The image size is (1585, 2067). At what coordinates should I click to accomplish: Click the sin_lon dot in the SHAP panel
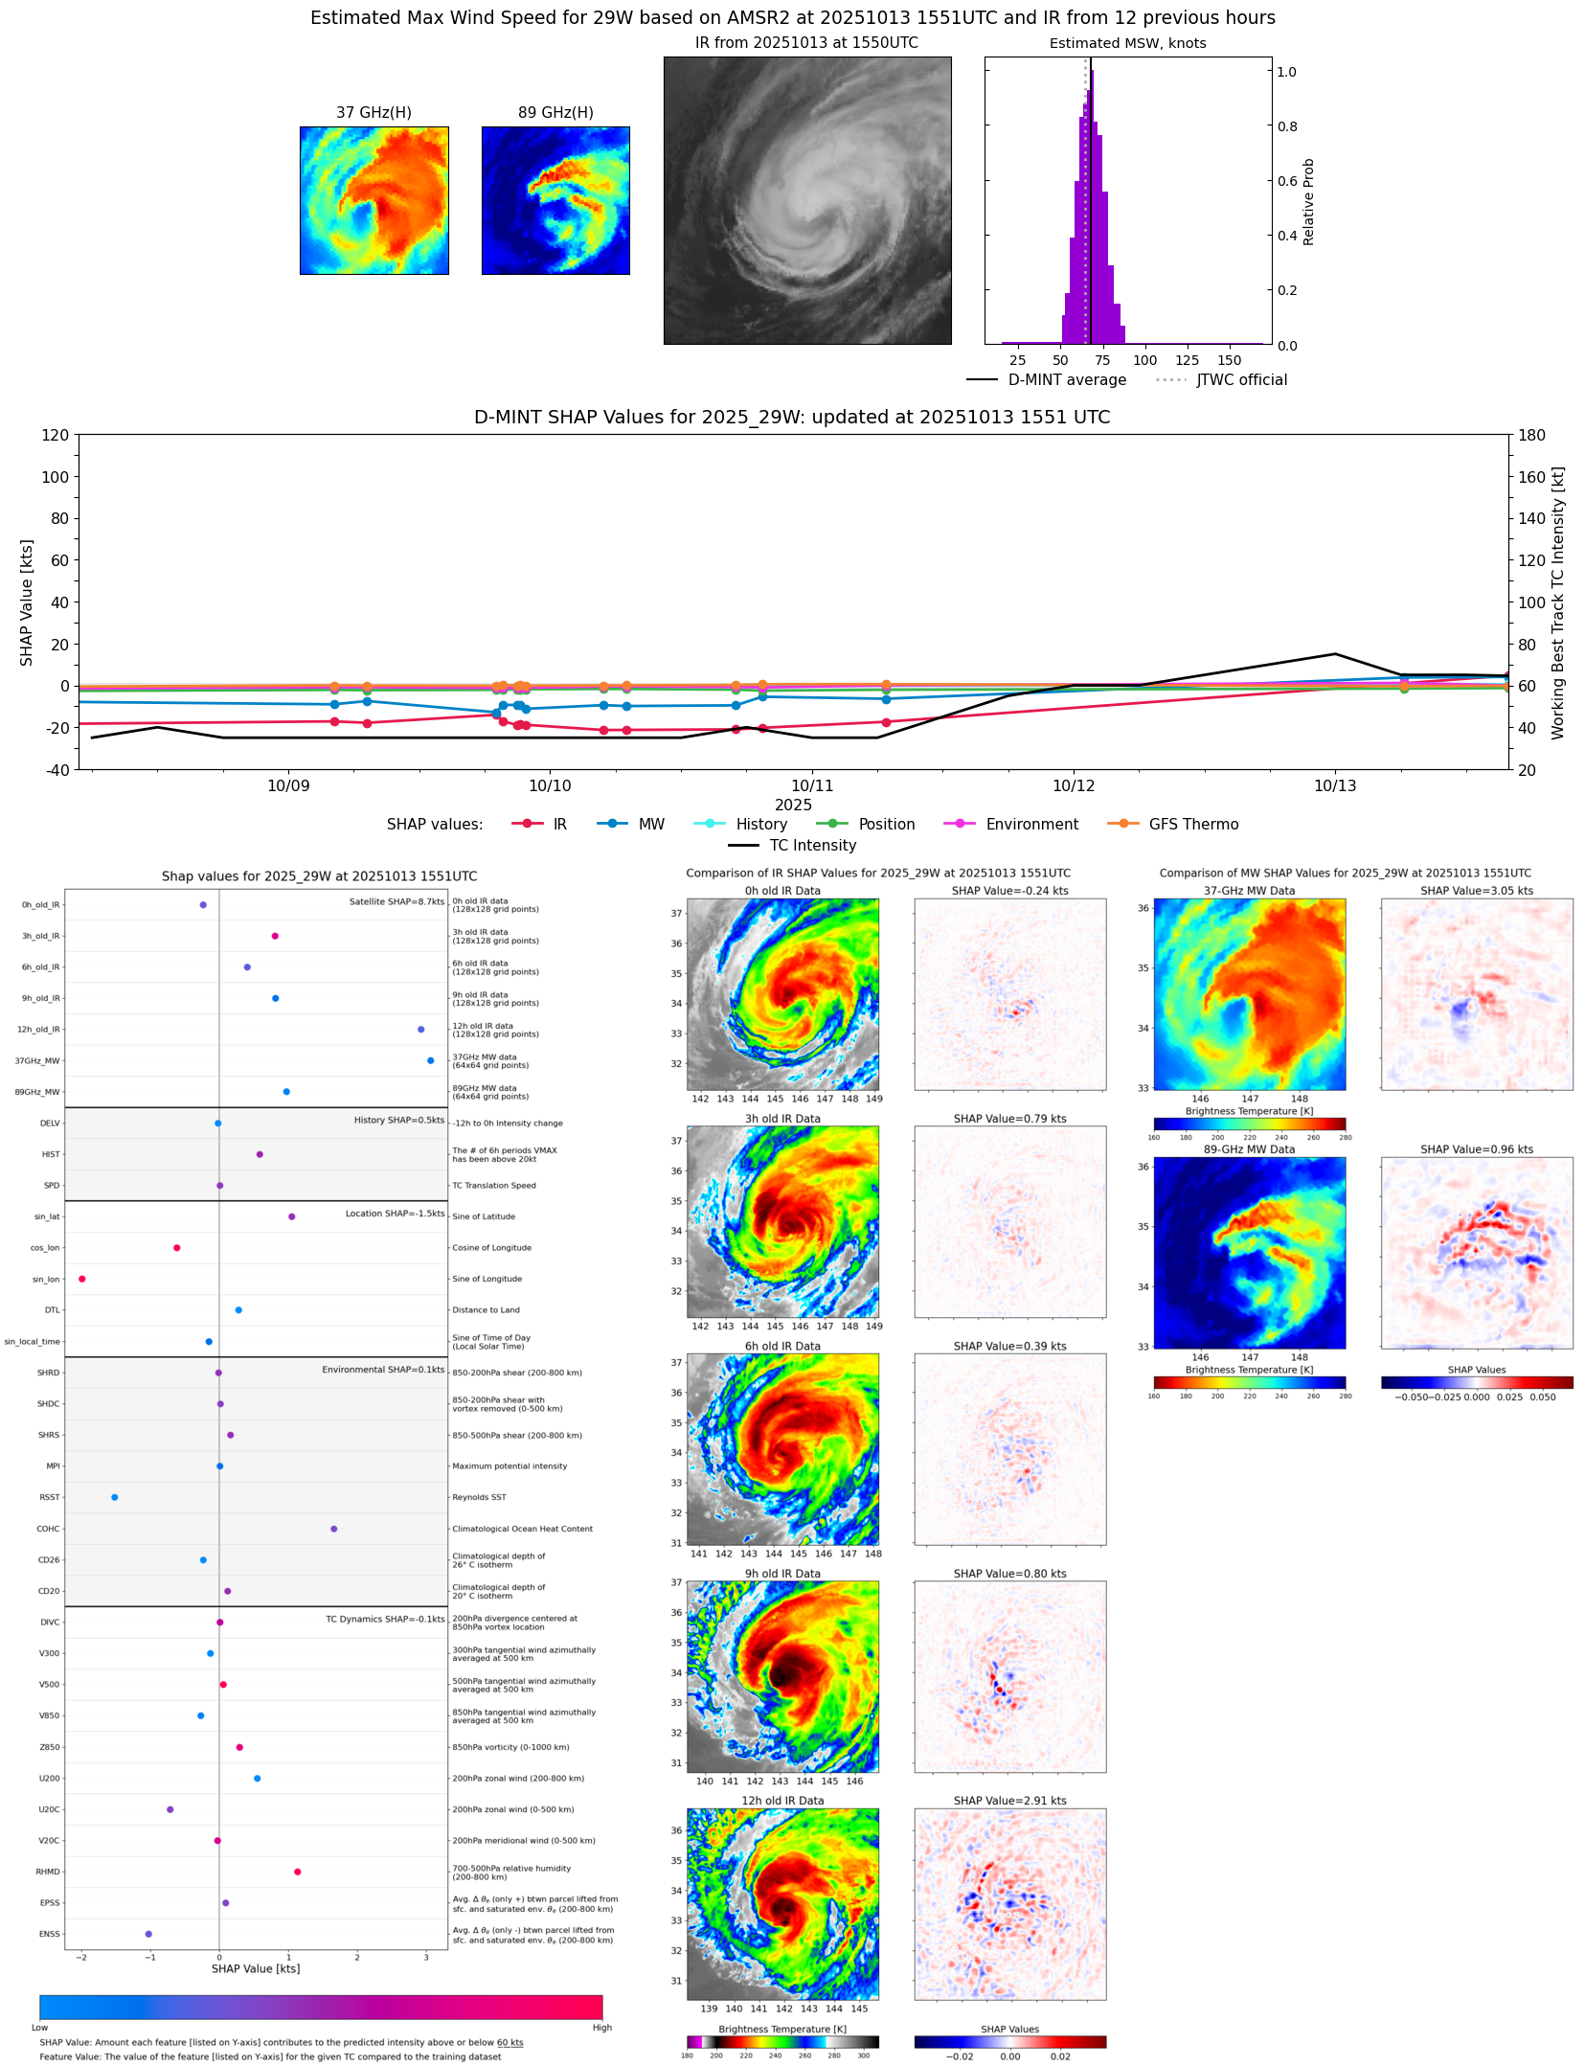[82, 1279]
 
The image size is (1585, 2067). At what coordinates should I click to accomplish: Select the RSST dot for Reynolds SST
[115, 1497]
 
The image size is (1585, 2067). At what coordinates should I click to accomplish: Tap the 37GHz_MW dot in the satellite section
[431, 1060]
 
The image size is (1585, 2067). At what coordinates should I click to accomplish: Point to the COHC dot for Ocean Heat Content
[333, 1529]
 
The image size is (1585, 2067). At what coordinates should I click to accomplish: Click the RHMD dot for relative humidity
[298, 1872]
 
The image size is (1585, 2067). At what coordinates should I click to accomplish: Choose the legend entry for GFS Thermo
[1193, 825]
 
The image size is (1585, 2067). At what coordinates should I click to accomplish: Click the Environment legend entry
[1031, 825]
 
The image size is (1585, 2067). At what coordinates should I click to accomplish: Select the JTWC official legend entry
[1241, 380]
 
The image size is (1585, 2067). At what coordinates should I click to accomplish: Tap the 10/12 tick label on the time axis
[1074, 786]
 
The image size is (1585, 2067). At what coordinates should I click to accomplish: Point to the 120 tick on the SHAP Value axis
[56, 435]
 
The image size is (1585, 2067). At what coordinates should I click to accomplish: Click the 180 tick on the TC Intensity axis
[1531, 435]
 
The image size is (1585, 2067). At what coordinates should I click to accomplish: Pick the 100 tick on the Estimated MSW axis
[1145, 361]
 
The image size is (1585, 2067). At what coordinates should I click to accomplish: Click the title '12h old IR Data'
[782, 1801]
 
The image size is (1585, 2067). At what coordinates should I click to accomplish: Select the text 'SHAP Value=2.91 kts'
[1009, 1801]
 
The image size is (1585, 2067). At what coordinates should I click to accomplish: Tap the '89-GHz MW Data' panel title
[1249, 1149]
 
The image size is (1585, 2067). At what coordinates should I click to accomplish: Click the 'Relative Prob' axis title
[1308, 202]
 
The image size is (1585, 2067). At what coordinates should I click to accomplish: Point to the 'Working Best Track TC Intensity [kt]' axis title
[1558, 602]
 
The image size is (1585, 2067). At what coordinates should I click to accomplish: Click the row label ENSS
[49, 1934]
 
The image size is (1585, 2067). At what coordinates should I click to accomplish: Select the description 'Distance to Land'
[486, 1310]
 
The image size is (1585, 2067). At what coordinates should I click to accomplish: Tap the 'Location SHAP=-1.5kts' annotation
[395, 1214]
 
